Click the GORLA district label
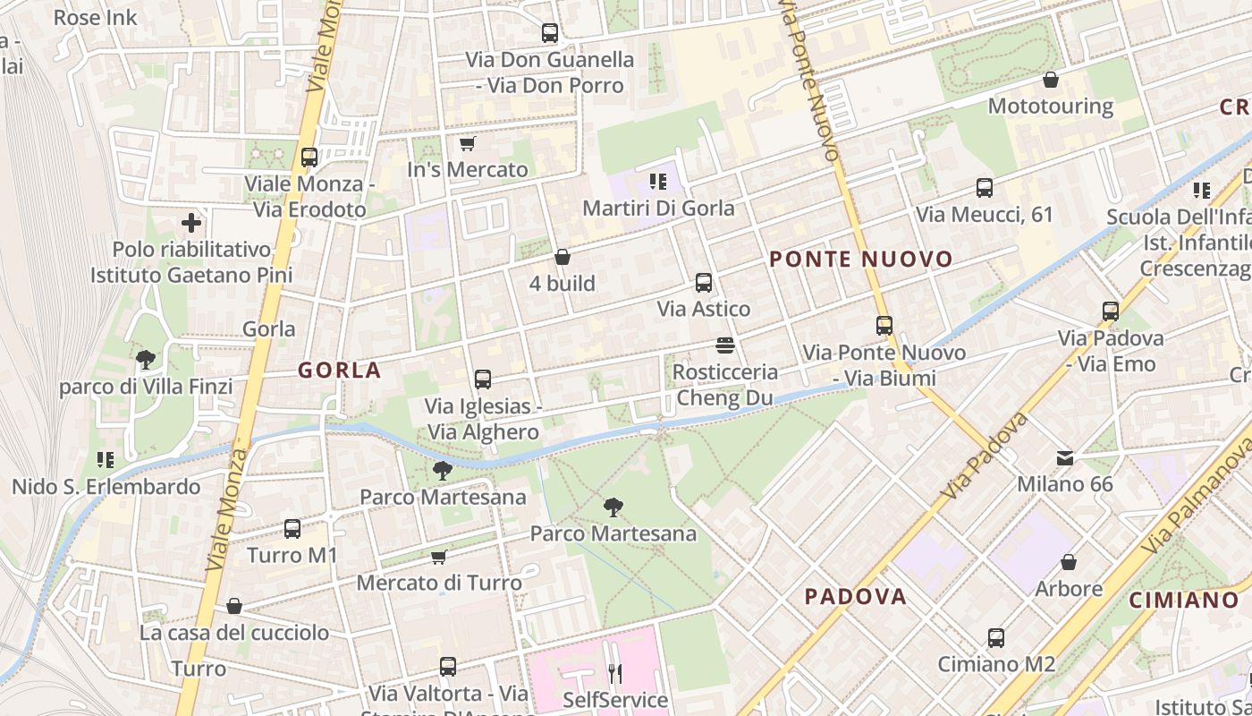pos(339,370)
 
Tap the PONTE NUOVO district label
pos(861,260)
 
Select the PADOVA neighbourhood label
pos(855,596)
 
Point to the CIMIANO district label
pos(1183,600)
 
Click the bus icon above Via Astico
pos(704,283)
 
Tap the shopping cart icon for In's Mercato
pos(466,143)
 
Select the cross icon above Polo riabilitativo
pos(190,223)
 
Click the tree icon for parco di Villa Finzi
pos(146,360)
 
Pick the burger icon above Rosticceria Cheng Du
pos(725,345)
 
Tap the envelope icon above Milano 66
pos(1065,457)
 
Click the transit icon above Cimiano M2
pos(996,638)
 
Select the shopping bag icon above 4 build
pos(563,257)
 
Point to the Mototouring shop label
pos(1050,106)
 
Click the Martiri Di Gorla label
pos(658,208)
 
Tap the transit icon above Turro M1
pos(292,528)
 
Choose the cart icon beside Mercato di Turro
pos(439,557)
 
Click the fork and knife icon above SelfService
pos(614,672)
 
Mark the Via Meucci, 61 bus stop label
pos(984,215)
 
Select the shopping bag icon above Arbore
pos(1069,562)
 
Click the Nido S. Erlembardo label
pos(106,487)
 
